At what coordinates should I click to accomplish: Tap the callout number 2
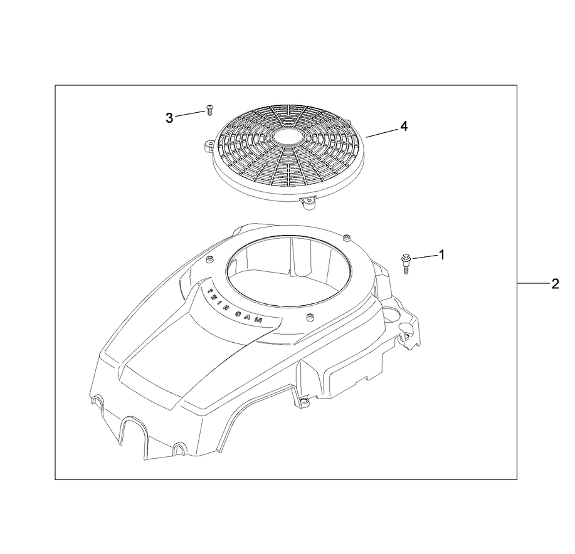[555, 284]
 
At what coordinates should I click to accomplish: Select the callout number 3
[169, 117]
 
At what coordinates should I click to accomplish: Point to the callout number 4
[404, 126]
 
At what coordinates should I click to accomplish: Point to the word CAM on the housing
[258, 318]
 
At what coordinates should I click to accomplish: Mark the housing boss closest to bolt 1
[347, 237]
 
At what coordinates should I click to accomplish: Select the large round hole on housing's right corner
[393, 311]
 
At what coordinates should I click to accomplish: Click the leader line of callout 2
[533, 284]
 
